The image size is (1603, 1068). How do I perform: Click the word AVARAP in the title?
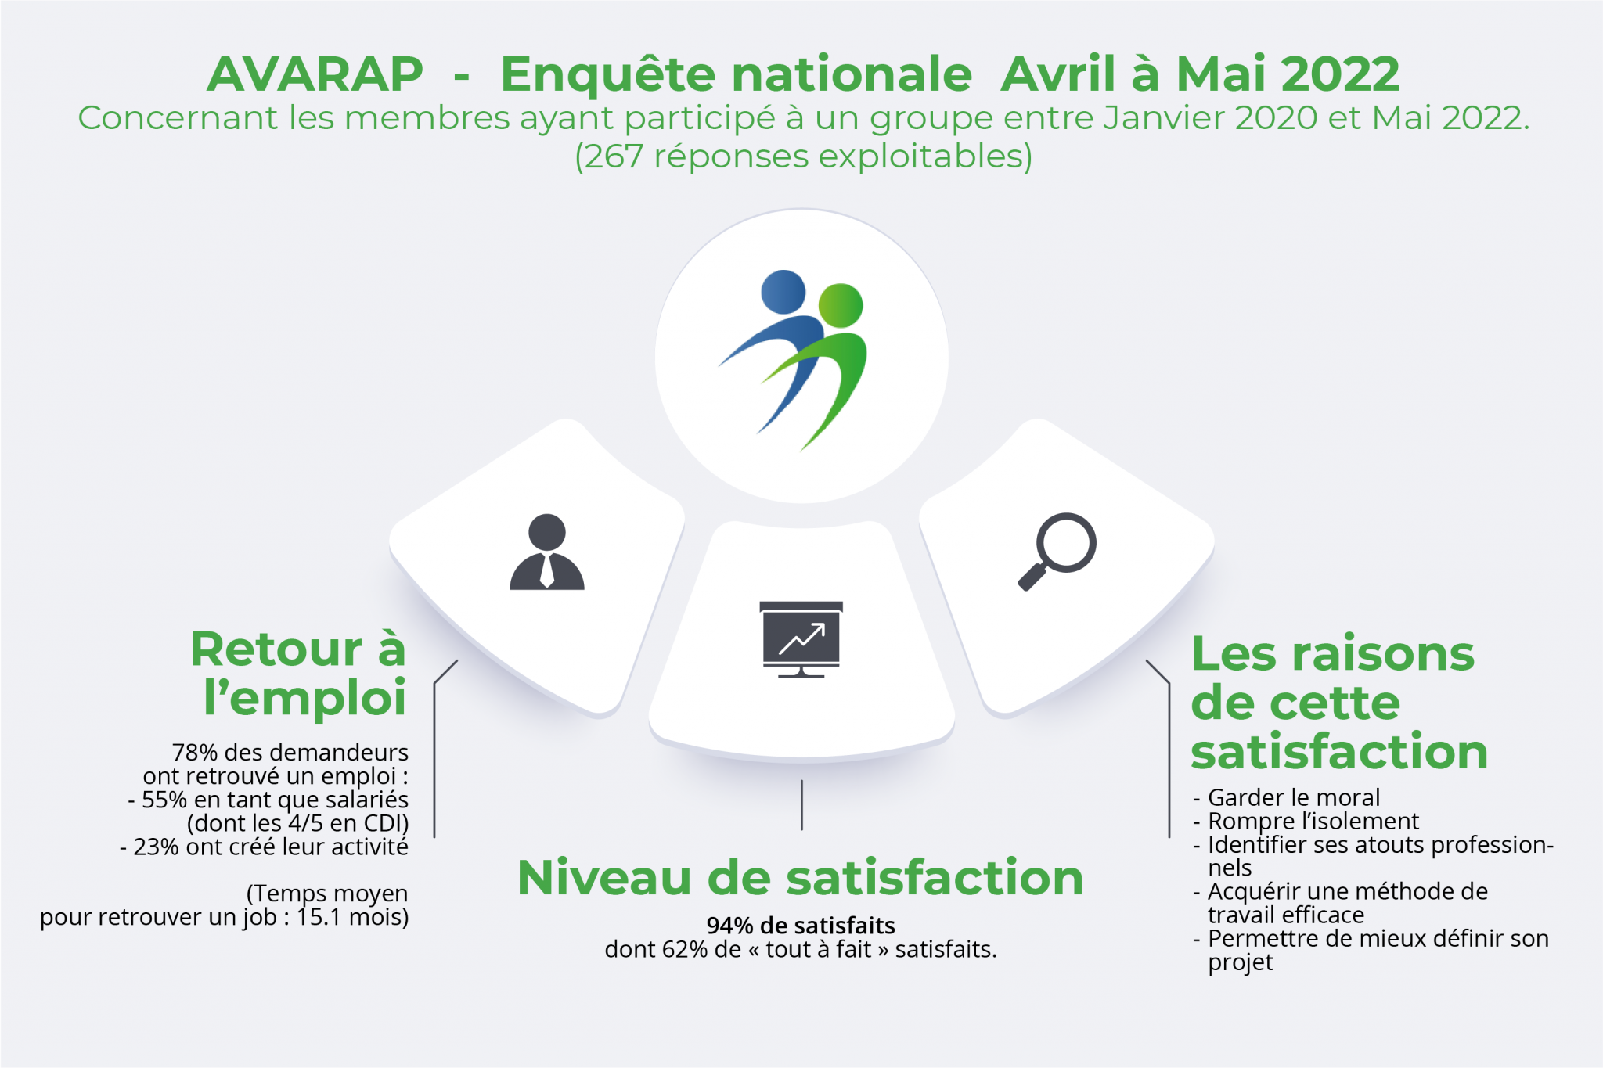(x=315, y=74)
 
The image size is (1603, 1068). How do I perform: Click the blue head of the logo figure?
(x=783, y=292)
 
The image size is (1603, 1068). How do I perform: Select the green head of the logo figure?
(x=841, y=305)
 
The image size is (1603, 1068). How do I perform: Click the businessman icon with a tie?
(x=547, y=552)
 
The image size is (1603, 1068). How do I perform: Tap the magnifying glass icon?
(x=1057, y=550)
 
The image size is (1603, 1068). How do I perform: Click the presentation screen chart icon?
(x=801, y=638)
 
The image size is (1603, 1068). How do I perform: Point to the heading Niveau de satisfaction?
(x=800, y=877)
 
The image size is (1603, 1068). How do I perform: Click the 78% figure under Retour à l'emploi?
(x=194, y=753)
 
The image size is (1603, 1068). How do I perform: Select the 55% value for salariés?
(x=164, y=800)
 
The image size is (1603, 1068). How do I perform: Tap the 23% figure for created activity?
(x=156, y=847)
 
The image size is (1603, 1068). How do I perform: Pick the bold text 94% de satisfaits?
(x=801, y=926)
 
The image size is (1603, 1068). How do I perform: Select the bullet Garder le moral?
(x=1293, y=797)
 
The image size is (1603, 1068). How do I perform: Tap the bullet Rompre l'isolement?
(x=1313, y=821)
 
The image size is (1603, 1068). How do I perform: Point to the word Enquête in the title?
(x=607, y=74)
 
